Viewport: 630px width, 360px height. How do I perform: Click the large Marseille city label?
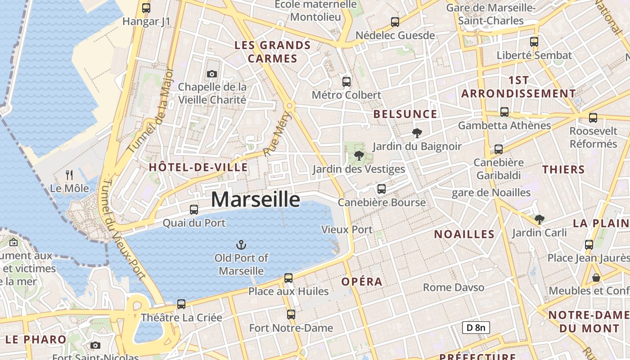[255, 199]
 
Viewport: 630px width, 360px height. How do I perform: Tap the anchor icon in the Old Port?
[242, 245]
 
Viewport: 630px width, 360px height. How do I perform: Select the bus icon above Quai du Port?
[194, 209]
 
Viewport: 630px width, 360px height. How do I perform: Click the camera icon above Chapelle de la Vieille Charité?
[212, 74]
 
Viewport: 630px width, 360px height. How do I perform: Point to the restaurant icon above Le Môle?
[69, 175]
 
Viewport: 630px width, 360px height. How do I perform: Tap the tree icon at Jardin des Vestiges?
[359, 156]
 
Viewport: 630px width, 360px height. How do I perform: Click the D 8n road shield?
[476, 328]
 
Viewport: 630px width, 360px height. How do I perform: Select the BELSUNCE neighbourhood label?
[405, 114]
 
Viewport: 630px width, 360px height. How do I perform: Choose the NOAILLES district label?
[464, 234]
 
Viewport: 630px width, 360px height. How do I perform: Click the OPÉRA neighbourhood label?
[362, 282]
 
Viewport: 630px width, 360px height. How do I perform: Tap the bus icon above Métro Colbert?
[346, 82]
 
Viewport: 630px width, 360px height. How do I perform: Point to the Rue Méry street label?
[278, 134]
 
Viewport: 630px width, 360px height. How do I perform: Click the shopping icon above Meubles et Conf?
[596, 278]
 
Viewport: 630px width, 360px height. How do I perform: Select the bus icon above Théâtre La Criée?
[181, 304]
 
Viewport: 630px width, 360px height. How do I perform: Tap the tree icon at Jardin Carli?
[540, 220]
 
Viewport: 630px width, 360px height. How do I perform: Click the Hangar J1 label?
[147, 21]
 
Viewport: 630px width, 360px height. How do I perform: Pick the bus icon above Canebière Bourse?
[382, 189]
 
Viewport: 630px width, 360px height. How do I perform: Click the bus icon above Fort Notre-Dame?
[291, 315]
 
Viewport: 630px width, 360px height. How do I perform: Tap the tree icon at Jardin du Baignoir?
[417, 133]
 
